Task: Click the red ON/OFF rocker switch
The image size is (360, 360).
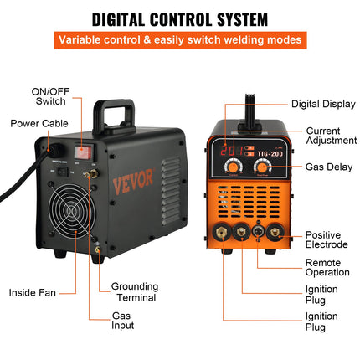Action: click(83, 152)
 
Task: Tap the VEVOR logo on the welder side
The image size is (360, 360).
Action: click(133, 181)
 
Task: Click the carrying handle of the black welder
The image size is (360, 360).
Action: click(114, 115)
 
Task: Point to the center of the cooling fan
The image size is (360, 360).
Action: click(72, 210)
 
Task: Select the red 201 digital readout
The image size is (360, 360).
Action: click(231, 151)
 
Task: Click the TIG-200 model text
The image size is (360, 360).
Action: click(270, 154)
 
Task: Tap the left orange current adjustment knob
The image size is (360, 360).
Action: click(234, 167)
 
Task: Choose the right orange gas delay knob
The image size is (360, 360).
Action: click(262, 167)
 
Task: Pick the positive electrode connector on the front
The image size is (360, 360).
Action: click(275, 232)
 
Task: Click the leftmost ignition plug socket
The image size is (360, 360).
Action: click(222, 232)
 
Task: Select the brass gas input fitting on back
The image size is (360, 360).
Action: click(91, 175)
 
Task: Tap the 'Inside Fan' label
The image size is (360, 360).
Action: click(33, 293)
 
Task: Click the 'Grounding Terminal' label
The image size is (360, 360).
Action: click(135, 292)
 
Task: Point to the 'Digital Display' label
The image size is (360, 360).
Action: click(323, 104)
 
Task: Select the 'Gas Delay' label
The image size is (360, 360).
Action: click(329, 167)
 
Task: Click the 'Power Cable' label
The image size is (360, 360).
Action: click(39, 123)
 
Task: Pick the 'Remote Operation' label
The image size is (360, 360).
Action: click(327, 267)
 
